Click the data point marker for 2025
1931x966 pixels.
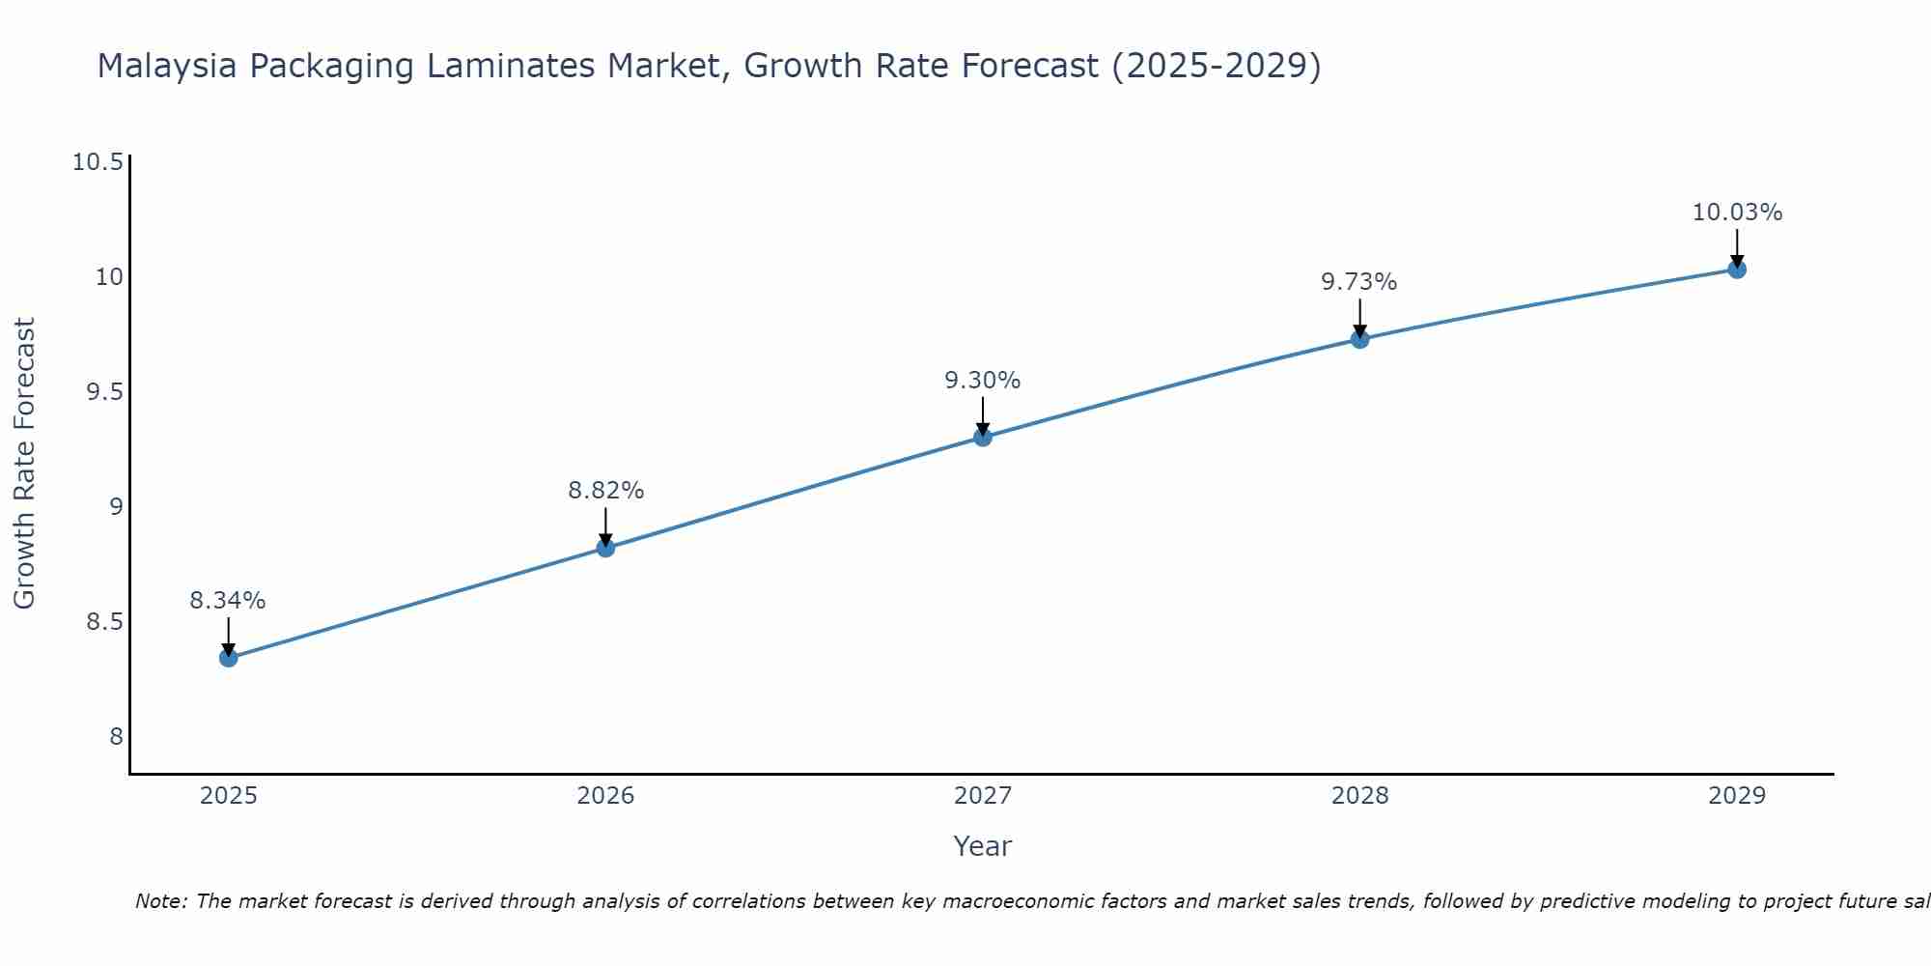pyautogui.click(x=229, y=658)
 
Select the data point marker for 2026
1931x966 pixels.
pyautogui.click(x=605, y=548)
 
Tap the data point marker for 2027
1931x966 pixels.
pyautogui.click(x=983, y=437)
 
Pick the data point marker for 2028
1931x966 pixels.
pyautogui.click(x=1359, y=338)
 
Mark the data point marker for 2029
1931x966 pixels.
pyautogui.click(x=1737, y=269)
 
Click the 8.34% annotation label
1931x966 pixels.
pyautogui.click(x=228, y=601)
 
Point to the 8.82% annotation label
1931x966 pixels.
pyautogui.click(x=605, y=491)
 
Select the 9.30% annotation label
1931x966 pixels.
pyautogui.click(x=982, y=381)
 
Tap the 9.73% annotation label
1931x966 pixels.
pyautogui.click(x=1359, y=282)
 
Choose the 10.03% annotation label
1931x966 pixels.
pyautogui.click(x=1737, y=213)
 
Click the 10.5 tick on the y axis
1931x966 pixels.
pyautogui.click(x=98, y=162)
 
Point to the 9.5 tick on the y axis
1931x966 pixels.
pyautogui.click(x=104, y=392)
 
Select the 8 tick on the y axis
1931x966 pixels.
pyautogui.click(x=116, y=737)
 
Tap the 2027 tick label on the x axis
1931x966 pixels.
pyautogui.click(x=983, y=796)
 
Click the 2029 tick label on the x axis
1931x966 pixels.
pyautogui.click(x=1737, y=796)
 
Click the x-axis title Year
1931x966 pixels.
pyautogui.click(x=982, y=846)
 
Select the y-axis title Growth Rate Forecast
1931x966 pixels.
pyautogui.click(x=24, y=464)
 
